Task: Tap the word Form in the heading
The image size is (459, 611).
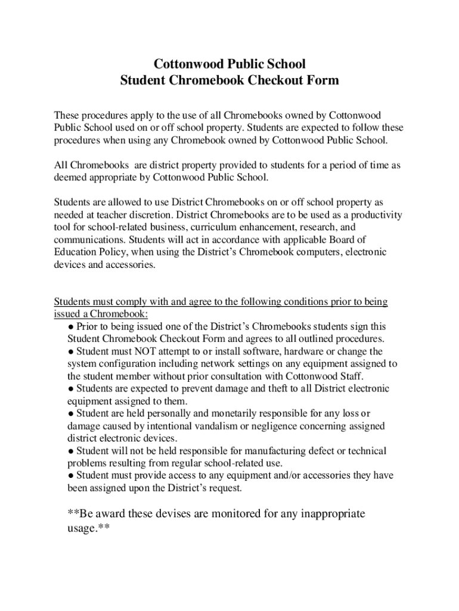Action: pyautogui.click(x=322, y=81)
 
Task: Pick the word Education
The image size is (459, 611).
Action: pyautogui.click(x=77, y=252)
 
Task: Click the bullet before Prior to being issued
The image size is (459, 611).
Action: pyautogui.click(x=71, y=327)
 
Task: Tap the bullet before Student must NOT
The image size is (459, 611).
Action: pyautogui.click(x=71, y=351)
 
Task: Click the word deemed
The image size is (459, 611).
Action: pyautogui.click(x=71, y=177)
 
